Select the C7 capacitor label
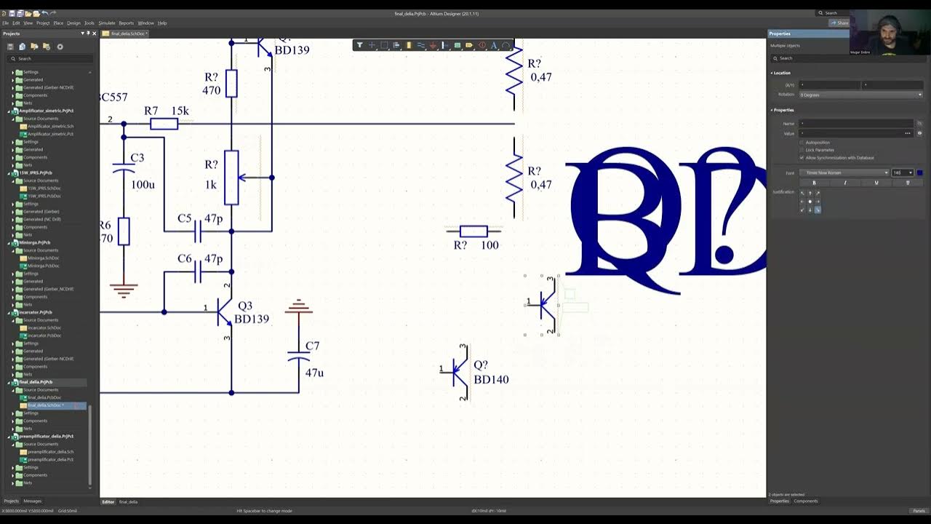click(312, 346)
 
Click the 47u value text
click(314, 373)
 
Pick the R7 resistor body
click(164, 124)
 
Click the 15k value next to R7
click(180, 111)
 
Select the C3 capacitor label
click(137, 158)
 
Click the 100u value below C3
click(143, 185)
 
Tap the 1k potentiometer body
click(231, 178)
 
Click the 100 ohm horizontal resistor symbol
click(474, 231)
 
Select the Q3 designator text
click(245, 306)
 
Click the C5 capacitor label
click(185, 218)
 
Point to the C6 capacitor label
click(185, 258)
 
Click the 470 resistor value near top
click(211, 91)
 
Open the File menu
click(6, 23)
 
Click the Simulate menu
click(107, 23)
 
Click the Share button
click(839, 23)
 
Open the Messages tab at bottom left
click(33, 501)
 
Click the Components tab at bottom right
click(805, 501)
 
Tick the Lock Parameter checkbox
click(802, 150)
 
